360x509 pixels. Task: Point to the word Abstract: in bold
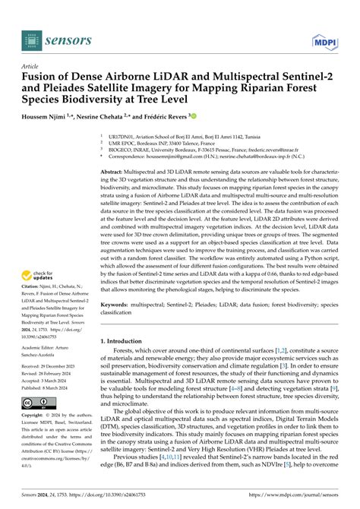tap(114, 173)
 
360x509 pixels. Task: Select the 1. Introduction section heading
tap(124, 342)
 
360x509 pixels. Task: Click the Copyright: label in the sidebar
tap(35, 416)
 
